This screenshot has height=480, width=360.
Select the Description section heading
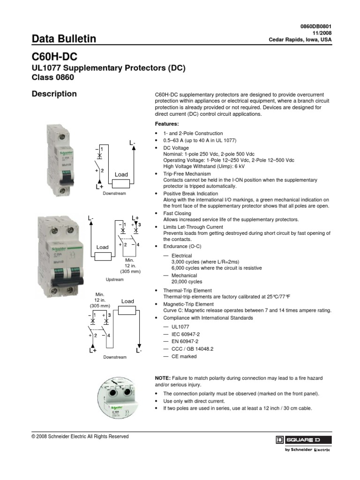[x=54, y=94]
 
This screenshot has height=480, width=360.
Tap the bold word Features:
[x=167, y=124]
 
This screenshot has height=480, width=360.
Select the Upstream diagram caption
[x=115, y=280]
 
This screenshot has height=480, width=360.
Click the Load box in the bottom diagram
[x=128, y=310]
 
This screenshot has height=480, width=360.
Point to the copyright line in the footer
[x=80, y=436]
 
